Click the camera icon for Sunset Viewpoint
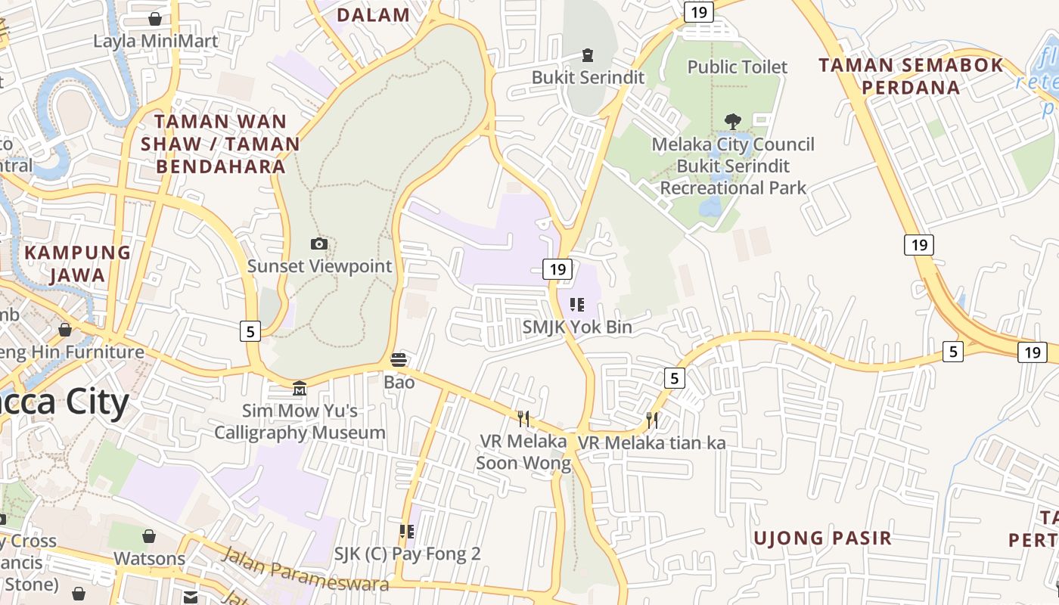point(319,244)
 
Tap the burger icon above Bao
point(399,359)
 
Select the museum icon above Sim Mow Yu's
point(300,389)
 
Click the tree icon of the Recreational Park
point(732,121)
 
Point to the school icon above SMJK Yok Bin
point(577,305)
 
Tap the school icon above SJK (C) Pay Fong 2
point(407,532)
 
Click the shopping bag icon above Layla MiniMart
point(155,18)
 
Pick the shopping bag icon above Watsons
point(149,536)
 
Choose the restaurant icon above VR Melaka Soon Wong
point(523,418)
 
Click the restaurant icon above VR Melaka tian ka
point(652,420)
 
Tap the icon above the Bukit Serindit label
point(587,54)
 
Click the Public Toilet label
point(737,67)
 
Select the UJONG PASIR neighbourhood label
point(822,538)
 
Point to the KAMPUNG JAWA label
point(78,263)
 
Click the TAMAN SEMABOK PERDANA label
point(911,76)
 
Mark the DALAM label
point(373,15)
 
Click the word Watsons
point(149,559)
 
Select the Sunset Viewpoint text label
point(320,266)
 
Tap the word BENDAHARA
point(221,166)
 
